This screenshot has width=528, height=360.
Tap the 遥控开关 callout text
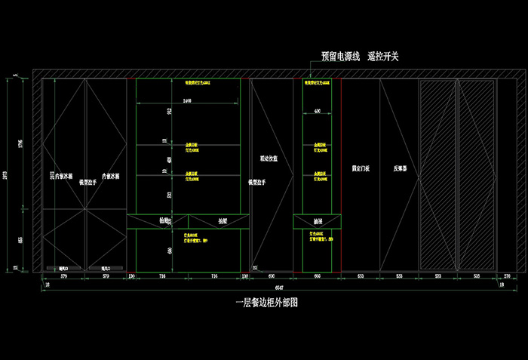383,57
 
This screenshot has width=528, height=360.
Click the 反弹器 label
400,170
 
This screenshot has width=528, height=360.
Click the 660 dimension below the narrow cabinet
317,277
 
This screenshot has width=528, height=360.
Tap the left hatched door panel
438,174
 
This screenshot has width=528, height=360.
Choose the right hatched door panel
478,174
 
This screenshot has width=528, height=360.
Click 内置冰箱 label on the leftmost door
63,180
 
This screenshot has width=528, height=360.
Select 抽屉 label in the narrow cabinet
318,221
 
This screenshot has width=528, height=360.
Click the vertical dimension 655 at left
21,240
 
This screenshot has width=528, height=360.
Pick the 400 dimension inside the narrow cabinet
317,111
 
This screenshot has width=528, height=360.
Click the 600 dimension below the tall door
272,277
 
